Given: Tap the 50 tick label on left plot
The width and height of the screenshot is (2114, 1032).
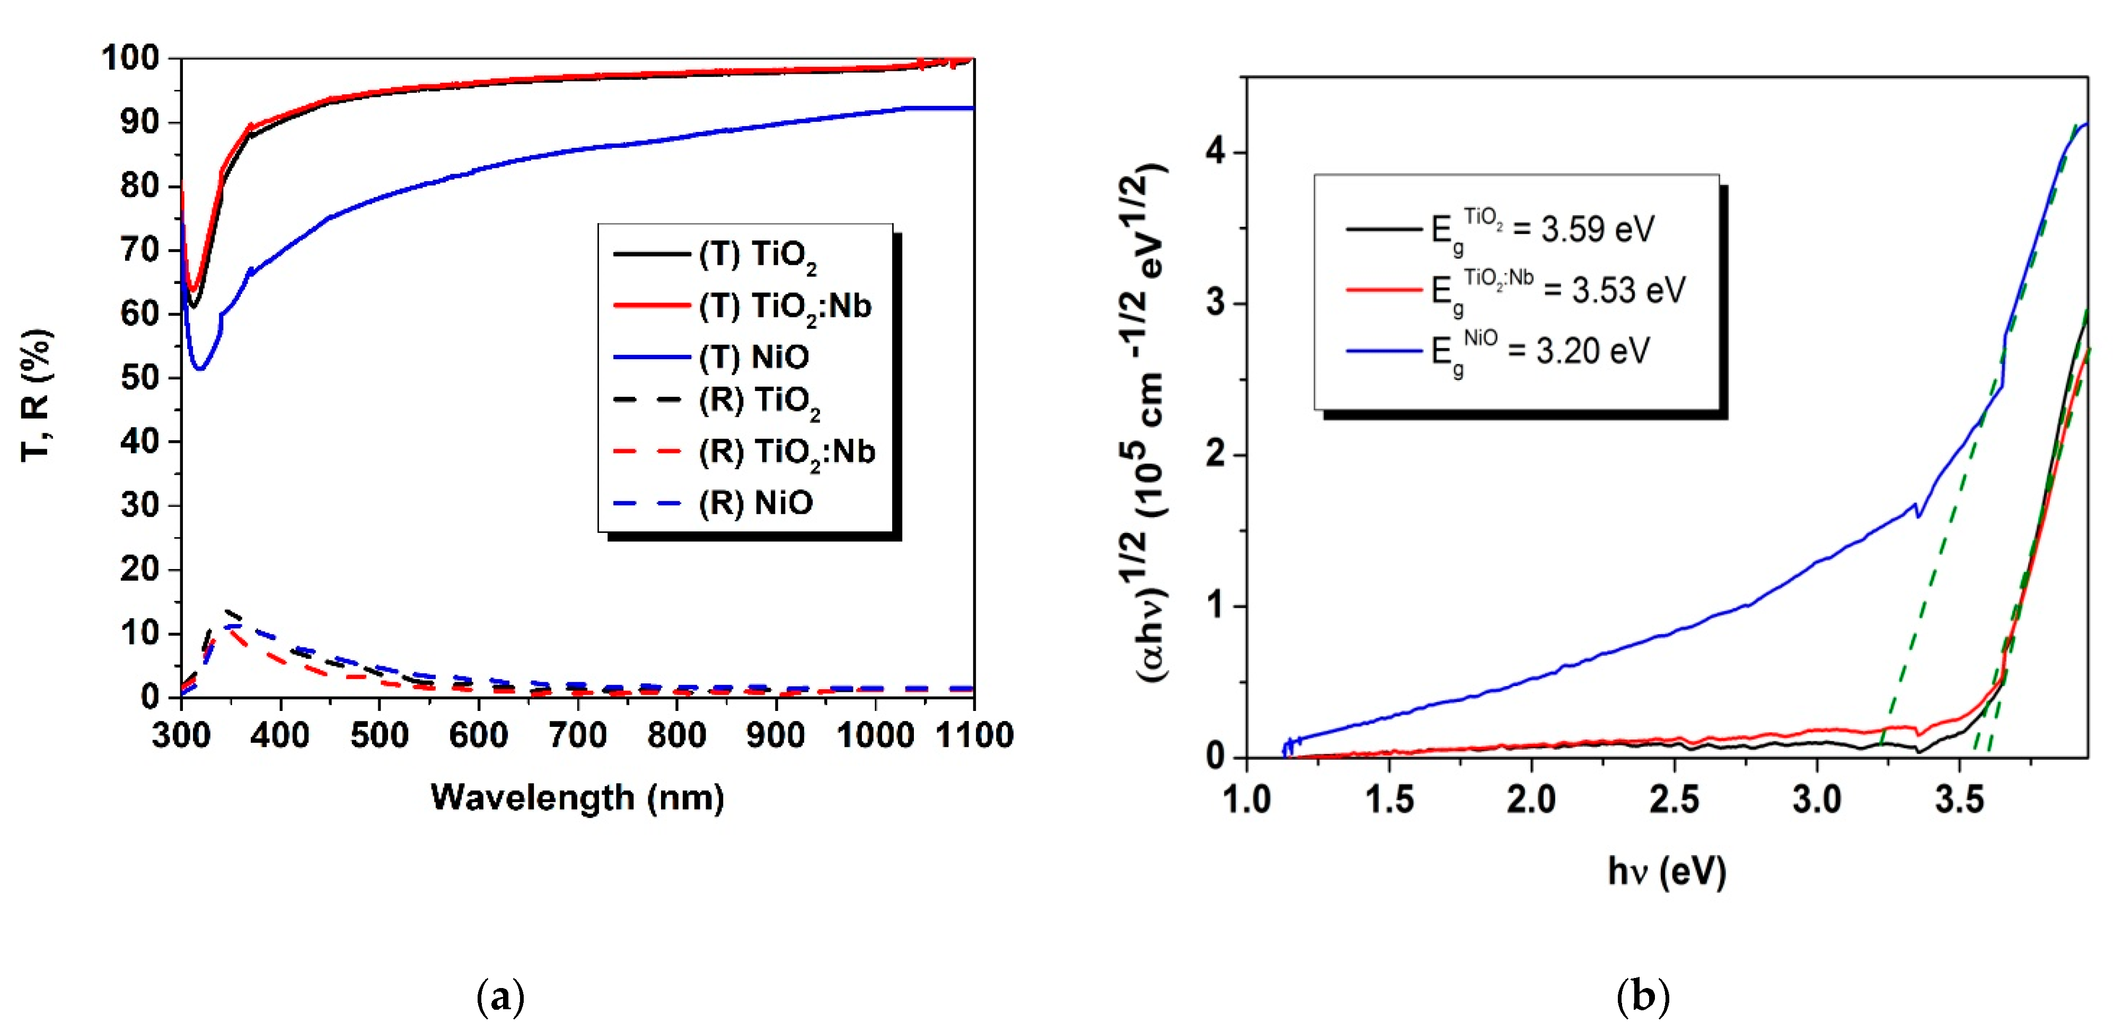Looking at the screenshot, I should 139,377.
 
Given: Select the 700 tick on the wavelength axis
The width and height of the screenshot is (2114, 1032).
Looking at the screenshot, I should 578,734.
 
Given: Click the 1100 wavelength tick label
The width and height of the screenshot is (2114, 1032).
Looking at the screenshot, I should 974,734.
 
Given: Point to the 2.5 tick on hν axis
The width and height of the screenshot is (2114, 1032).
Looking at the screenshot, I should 1673,798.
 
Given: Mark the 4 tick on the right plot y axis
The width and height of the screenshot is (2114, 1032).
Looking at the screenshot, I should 1215,152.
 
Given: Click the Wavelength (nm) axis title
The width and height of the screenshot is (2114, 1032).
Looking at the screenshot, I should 577,797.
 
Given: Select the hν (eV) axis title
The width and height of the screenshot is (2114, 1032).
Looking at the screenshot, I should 1666,871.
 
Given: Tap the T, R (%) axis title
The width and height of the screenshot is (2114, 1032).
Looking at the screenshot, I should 37,395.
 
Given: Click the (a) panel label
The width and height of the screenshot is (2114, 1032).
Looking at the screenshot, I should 500,997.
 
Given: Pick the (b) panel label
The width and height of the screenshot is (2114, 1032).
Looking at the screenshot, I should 1642,997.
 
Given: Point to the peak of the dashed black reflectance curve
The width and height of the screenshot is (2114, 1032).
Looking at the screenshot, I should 230,611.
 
